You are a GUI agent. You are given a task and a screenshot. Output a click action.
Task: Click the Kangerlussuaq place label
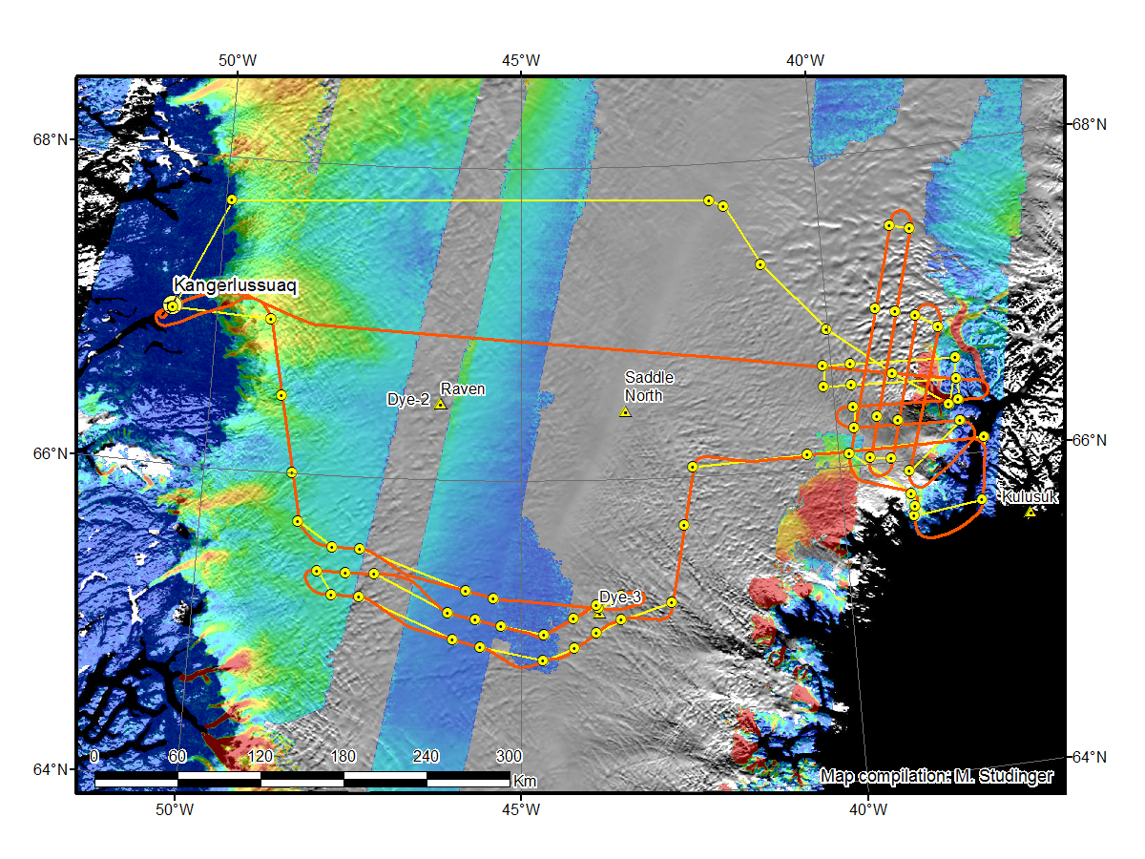(236, 285)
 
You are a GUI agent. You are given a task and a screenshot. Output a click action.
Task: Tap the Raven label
(463, 388)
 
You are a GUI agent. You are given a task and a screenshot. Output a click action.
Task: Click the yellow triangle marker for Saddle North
(625, 412)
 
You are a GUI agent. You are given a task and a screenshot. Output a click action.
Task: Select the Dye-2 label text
(408, 399)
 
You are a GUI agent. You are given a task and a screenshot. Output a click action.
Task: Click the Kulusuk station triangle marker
(1030, 513)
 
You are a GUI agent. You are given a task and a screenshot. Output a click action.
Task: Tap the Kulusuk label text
(1030, 498)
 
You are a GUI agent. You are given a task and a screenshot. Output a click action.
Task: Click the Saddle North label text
(643, 387)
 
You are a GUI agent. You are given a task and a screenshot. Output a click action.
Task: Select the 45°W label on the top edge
(521, 61)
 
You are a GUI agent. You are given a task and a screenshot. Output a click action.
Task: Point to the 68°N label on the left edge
(58, 138)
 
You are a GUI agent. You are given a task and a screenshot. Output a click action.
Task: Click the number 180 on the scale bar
(343, 757)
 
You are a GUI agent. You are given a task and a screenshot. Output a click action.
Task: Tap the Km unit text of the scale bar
(524, 781)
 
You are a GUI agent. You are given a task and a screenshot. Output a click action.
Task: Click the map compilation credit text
(936, 777)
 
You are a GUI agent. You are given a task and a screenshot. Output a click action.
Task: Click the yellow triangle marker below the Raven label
(440, 405)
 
